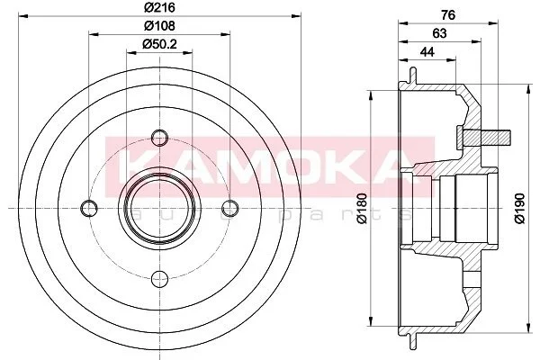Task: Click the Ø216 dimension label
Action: [x=159, y=7]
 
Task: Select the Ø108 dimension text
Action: [x=159, y=26]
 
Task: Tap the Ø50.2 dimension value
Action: [x=159, y=44]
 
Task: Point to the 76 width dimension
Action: [x=448, y=14]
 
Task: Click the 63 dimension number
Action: [x=439, y=33]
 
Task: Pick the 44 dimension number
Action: [x=427, y=52]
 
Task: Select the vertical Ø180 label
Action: [x=363, y=209]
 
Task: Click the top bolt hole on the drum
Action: [x=160, y=138]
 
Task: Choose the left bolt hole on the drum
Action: [x=89, y=208]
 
